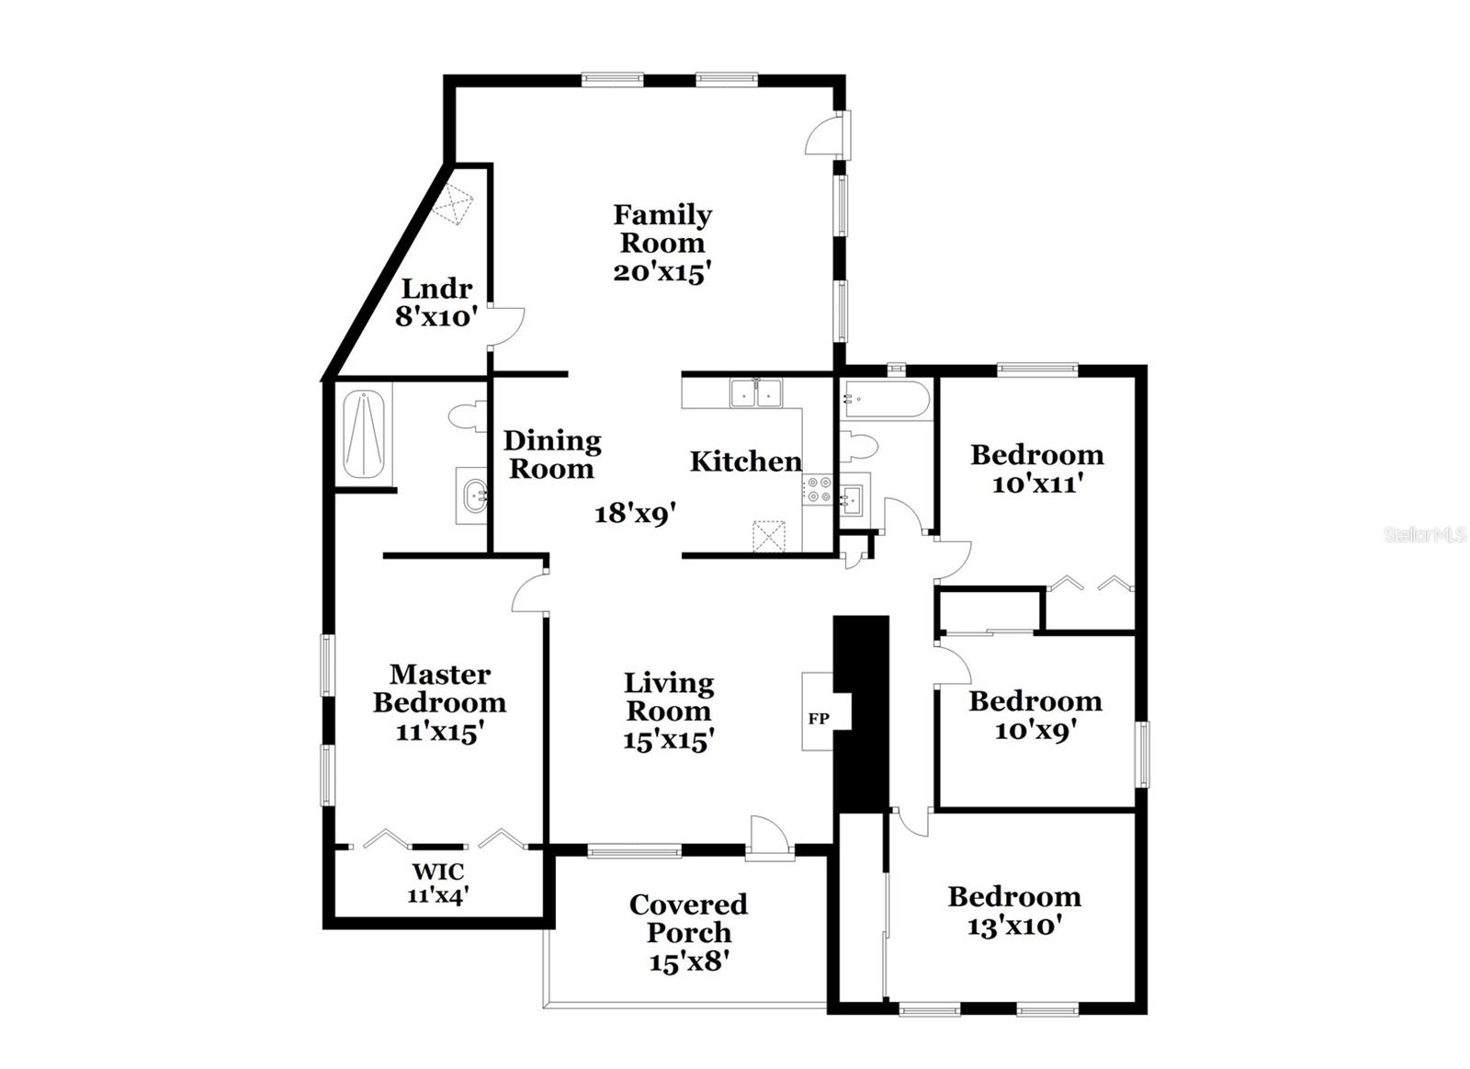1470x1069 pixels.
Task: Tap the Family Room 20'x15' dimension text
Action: (663, 272)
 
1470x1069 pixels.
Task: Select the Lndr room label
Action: (437, 289)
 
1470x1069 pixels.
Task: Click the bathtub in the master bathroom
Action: (364, 434)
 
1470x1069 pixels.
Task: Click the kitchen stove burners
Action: (820, 489)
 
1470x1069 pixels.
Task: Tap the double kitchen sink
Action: (755, 393)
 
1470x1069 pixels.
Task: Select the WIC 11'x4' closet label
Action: (438, 882)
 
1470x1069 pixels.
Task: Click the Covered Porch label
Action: (688, 918)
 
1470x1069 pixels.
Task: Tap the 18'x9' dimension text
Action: (636, 513)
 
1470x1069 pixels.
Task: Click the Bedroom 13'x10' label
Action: (1014, 910)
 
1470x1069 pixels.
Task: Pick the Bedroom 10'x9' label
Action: (1035, 715)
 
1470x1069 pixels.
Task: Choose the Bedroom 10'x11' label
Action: (1037, 469)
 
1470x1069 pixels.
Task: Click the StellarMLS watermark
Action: (1425, 535)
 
